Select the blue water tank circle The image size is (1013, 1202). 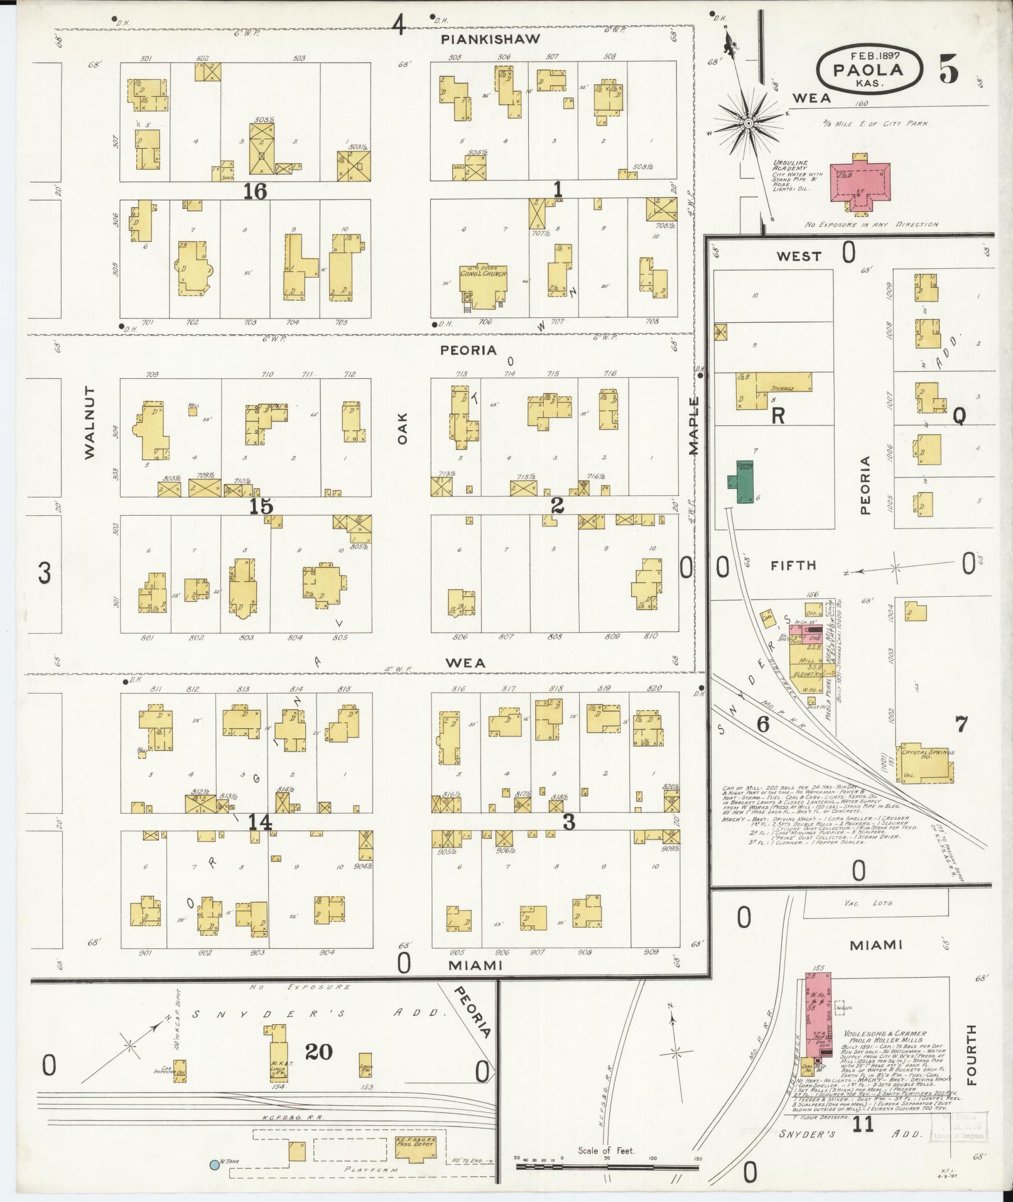point(215,1164)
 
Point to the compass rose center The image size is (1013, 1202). point(749,124)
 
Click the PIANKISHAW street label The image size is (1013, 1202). point(490,40)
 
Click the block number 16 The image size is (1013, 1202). point(256,191)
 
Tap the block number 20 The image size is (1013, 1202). point(318,1051)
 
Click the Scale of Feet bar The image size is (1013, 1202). point(606,1166)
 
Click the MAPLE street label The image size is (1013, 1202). point(693,425)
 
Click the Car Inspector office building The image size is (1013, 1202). point(180,1066)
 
